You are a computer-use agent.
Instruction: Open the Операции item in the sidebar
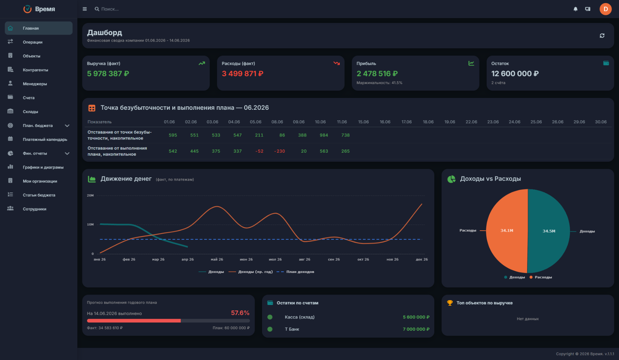pyautogui.click(x=32, y=42)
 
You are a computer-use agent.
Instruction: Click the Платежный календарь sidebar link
pyautogui.click(x=45, y=139)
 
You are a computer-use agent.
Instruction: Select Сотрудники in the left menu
pyautogui.click(x=34, y=209)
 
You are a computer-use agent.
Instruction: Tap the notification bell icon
pyautogui.click(x=575, y=9)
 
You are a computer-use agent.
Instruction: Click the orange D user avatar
pyautogui.click(x=605, y=9)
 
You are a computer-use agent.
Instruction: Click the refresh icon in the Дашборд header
pyautogui.click(x=602, y=35)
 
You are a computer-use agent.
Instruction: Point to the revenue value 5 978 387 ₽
pyautogui.click(x=108, y=74)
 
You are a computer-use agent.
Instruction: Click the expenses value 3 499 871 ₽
pyautogui.click(x=242, y=74)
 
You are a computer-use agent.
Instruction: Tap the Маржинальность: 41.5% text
pyautogui.click(x=379, y=83)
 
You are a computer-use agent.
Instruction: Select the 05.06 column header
pyautogui.click(x=256, y=122)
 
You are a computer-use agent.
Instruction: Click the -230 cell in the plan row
pyautogui.click(x=280, y=151)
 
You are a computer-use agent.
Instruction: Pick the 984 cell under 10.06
pyautogui.click(x=324, y=135)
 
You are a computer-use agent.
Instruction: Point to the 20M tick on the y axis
pyautogui.click(x=90, y=196)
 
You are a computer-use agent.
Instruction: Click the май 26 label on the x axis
pyautogui.click(x=217, y=259)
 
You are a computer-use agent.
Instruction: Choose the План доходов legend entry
pyautogui.click(x=295, y=272)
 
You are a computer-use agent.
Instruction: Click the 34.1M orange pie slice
pyautogui.click(x=507, y=231)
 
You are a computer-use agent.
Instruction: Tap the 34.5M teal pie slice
pyautogui.click(x=549, y=231)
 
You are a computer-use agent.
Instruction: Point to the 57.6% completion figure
pyautogui.click(x=240, y=313)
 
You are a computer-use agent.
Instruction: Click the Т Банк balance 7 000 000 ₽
pyautogui.click(x=416, y=329)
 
